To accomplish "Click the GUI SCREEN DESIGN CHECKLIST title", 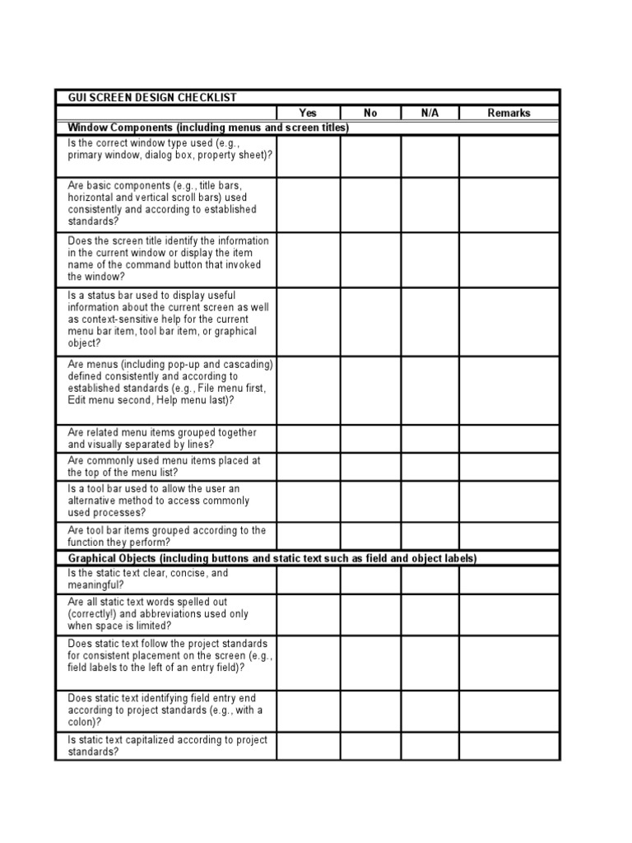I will tap(151, 97).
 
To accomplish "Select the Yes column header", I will tap(308, 113).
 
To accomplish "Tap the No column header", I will tap(370, 113).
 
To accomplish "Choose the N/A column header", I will tap(430, 113).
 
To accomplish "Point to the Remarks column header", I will tap(509, 113).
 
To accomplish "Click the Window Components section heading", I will tap(208, 128).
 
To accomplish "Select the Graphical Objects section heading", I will tap(272, 558).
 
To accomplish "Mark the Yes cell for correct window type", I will tap(308, 156).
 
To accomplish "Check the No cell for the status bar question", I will tap(370, 321).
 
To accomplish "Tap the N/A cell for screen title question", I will tap(430, 259).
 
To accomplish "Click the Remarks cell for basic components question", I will tap(509, 204).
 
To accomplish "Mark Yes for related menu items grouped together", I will tap(308, 439).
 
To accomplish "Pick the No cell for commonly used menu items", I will tap(370, 467).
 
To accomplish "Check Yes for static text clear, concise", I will tap(308, 580).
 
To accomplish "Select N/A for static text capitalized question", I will tap(430, 746).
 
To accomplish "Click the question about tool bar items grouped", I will tap(166, 536).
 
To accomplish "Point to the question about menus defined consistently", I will tap(170, 382).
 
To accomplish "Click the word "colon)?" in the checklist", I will tap(85, 722).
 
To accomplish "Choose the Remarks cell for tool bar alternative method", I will tap(509, 501).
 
